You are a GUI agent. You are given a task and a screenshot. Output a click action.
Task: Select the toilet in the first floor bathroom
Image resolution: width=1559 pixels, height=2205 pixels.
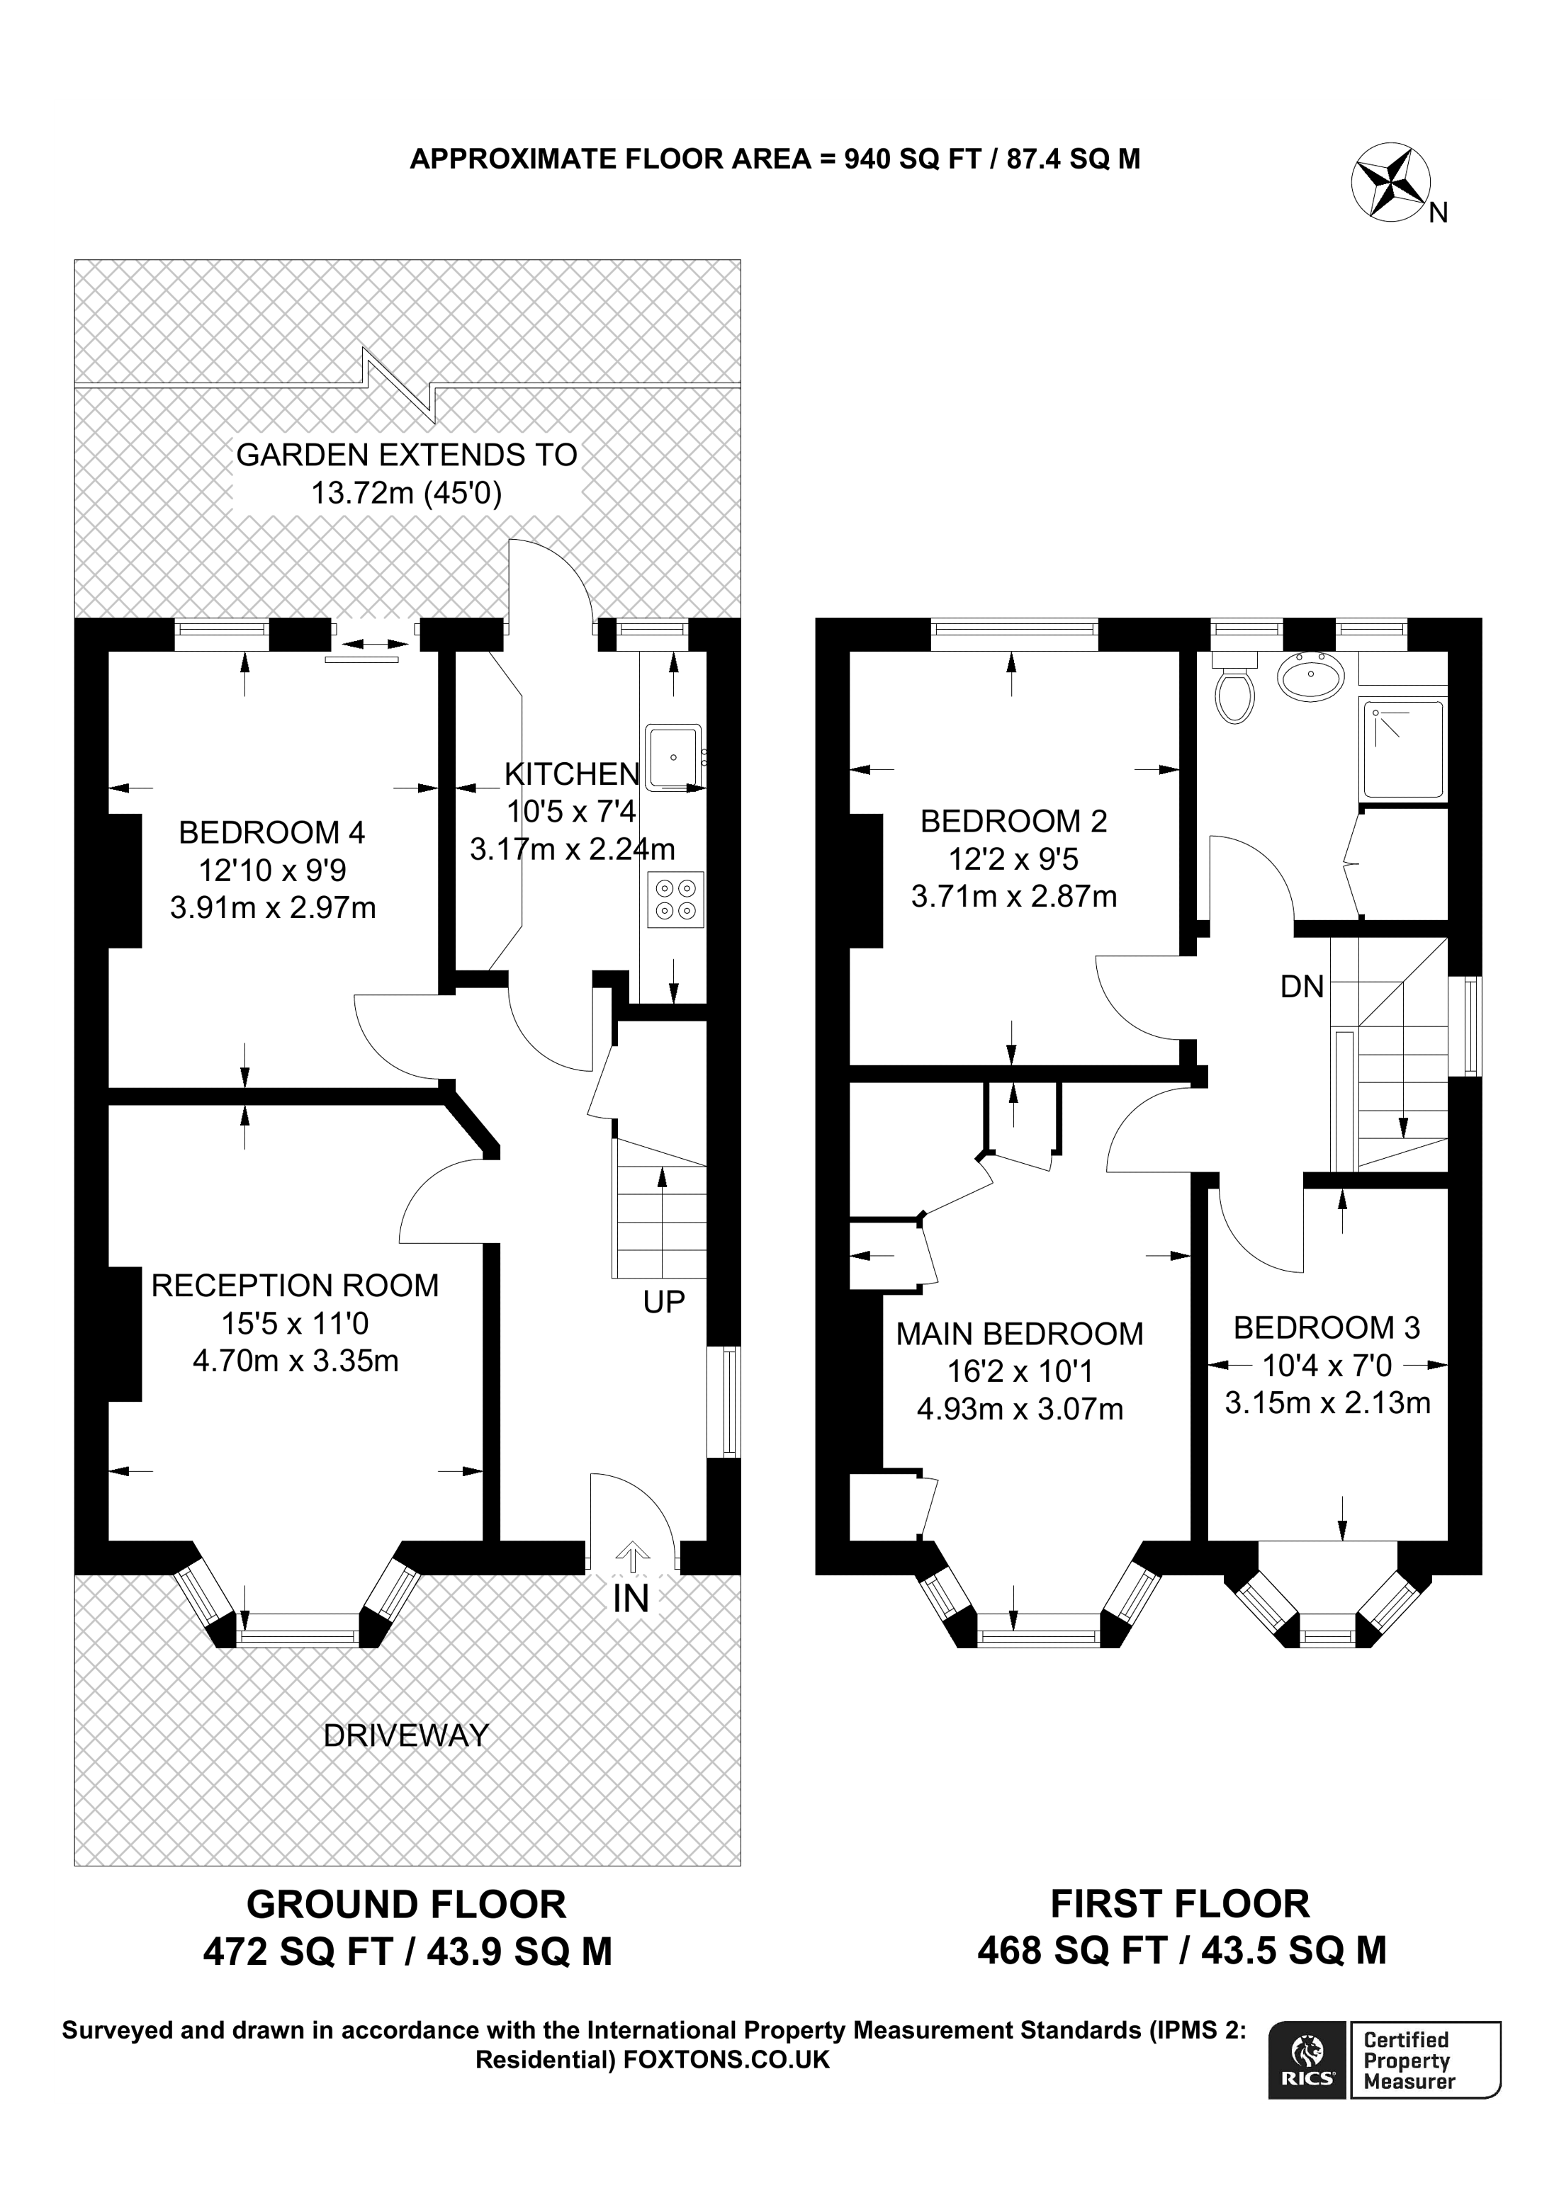tap(1234, 688)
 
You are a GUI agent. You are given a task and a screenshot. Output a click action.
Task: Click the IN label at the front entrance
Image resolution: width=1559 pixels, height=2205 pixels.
tap(631, 1598)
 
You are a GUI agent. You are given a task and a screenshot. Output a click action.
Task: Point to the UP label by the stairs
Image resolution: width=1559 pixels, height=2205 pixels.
tap(664, 1303)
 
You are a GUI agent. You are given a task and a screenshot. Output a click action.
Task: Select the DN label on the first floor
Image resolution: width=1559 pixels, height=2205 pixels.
tap(1302, 986)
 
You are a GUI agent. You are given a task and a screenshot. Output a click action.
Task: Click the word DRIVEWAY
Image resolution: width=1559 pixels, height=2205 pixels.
tap(406, 1735)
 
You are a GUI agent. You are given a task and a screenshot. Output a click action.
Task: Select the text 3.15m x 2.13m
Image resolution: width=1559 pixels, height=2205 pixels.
tap(1327, 1403)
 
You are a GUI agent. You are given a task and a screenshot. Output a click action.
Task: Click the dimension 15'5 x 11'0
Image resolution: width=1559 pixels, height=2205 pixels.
tap(295, 1323)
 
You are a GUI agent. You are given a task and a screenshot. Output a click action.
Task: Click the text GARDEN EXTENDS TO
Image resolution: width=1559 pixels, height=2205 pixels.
tap(406, 454)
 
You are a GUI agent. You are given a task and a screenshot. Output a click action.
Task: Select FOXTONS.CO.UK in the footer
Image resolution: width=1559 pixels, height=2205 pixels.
tap(726, 2059)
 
